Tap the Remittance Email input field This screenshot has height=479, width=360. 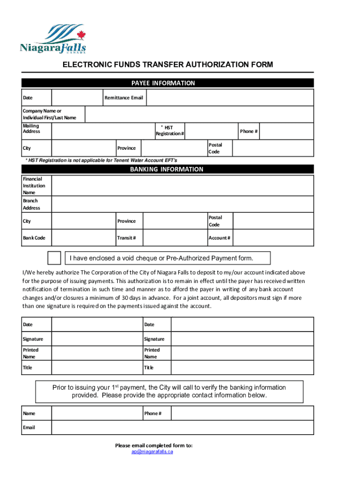[230, 98]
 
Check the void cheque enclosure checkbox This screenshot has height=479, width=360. [54, 258]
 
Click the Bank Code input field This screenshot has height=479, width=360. [83, 238]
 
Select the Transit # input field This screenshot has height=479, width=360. [174, 238]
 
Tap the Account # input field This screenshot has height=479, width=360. [273, 238]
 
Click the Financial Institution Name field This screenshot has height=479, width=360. [182, 186]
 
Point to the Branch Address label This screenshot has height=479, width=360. [31, 204]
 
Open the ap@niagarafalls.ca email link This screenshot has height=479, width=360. [153, 452]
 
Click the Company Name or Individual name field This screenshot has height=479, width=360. [199, 114]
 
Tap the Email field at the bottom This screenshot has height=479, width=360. [182, 428]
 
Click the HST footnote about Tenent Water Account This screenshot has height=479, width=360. [101, 160]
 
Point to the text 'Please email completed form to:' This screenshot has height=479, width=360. [154, 445]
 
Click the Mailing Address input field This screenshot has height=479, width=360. [103, 131]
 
